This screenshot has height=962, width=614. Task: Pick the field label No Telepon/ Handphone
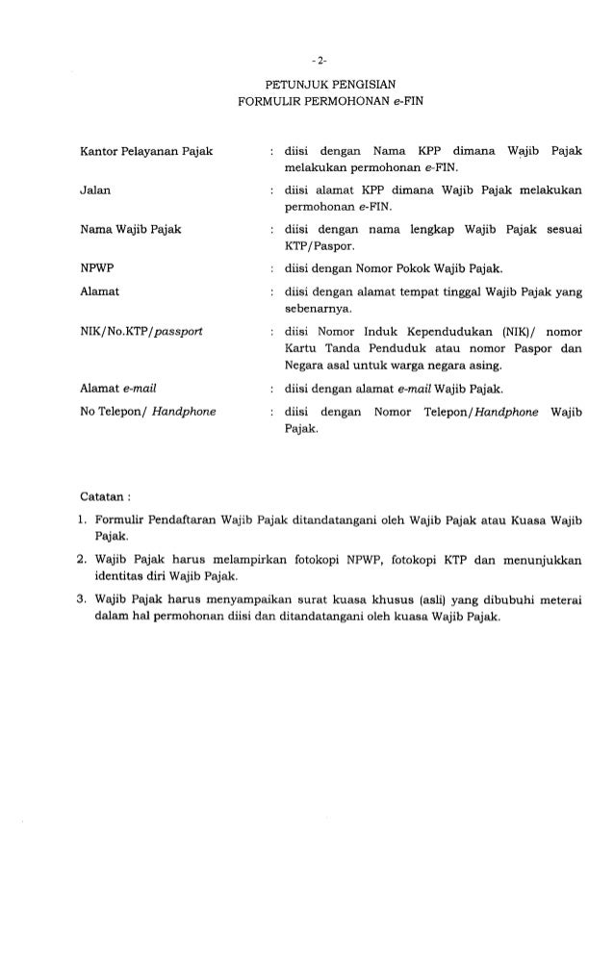coord(147,412)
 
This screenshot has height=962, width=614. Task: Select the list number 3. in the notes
coord(84,598)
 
